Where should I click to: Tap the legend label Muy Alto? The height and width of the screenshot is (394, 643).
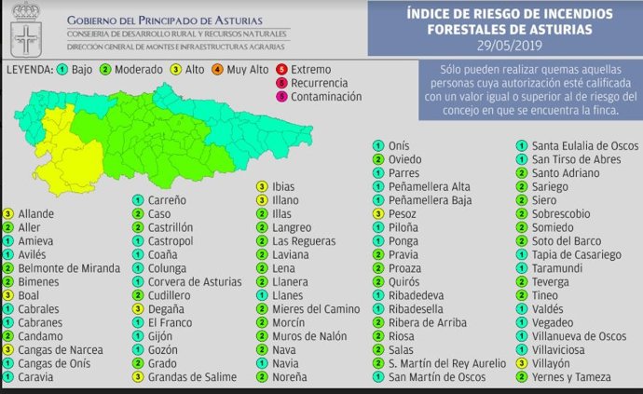click(248, 70)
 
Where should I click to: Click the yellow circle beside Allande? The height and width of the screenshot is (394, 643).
click(7, 213)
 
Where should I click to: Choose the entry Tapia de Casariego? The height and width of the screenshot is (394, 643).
click(576, 254)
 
